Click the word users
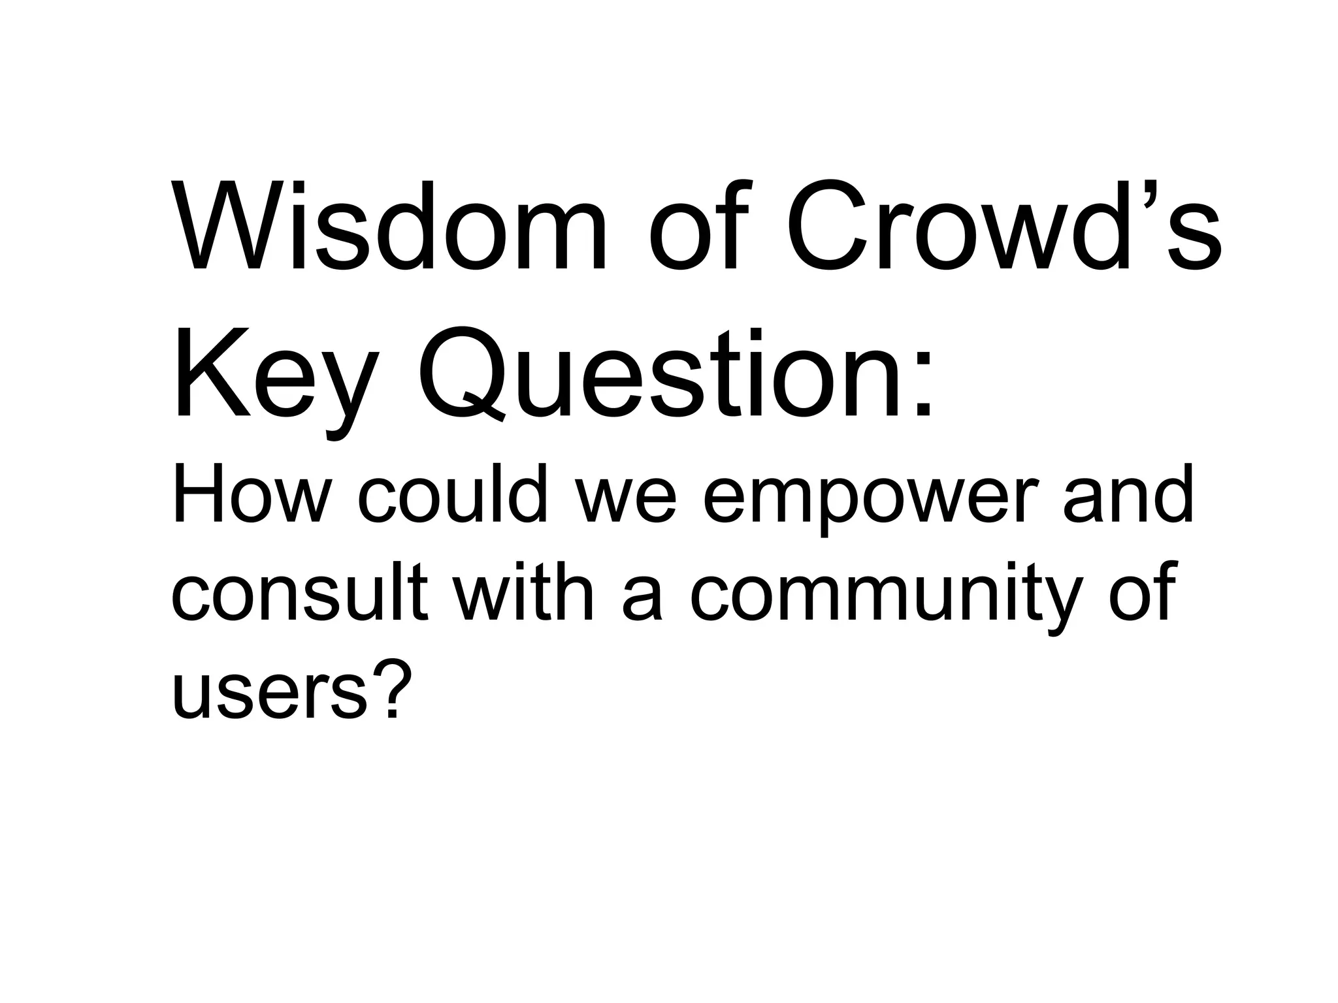268,695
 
